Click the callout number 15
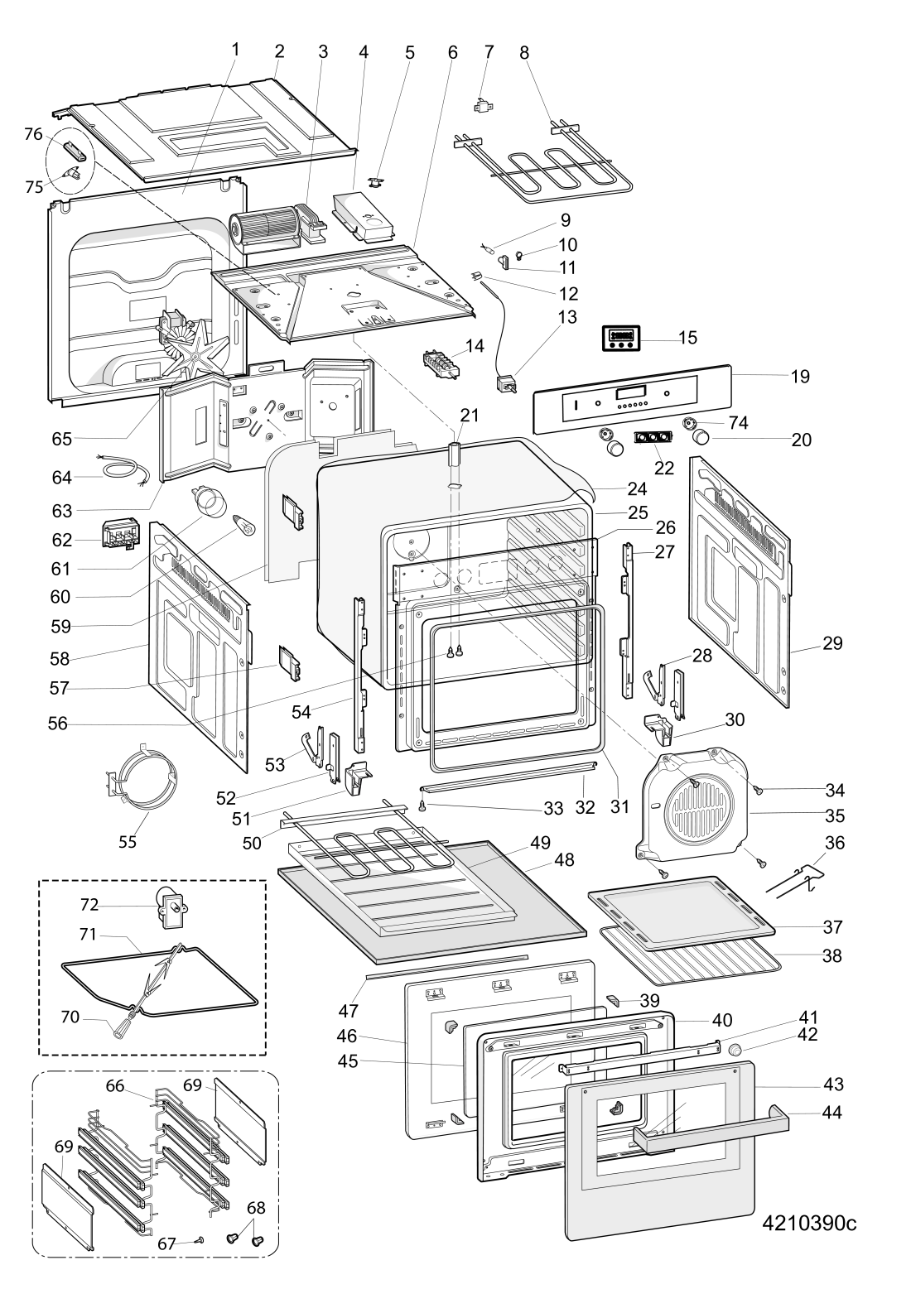pyautogui.click(x=687, y=337)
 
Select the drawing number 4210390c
pyautogui.click(x=812, y=1224)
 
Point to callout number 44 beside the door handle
pyautogui.click(x=831, y=1113)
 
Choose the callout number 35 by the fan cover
pyautogui.click(x=833, y=815)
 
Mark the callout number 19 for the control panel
pyautogui.click(x=799, y=377)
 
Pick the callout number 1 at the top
pyautogui.click(x=235, y=50)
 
